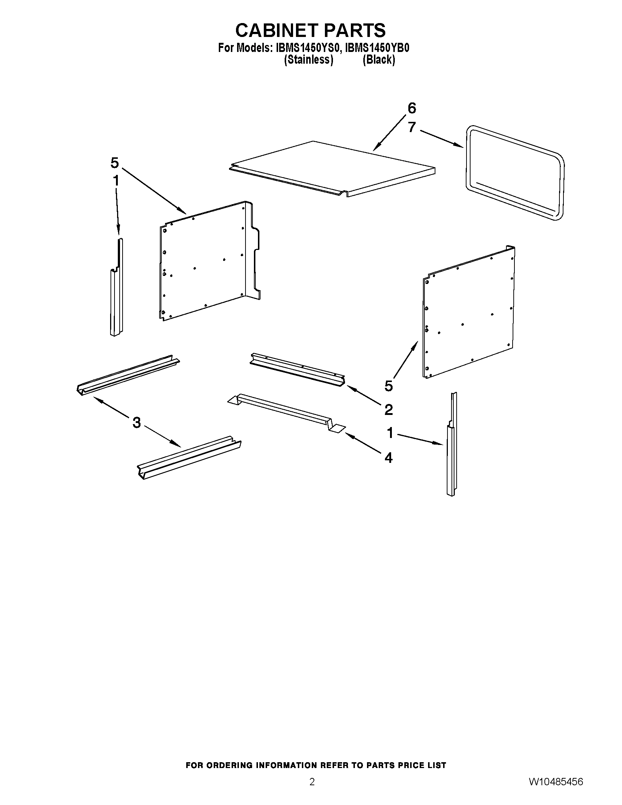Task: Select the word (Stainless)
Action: pos(308,60)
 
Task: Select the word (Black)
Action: pos(378,60)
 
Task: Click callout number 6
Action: pos(412,108)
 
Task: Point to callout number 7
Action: pos(412,127)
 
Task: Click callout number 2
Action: pos(388,409)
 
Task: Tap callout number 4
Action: pos(388,458)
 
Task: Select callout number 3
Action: pos(136,422)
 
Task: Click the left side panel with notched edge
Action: pos(206,262)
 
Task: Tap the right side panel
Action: pos(468,313)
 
